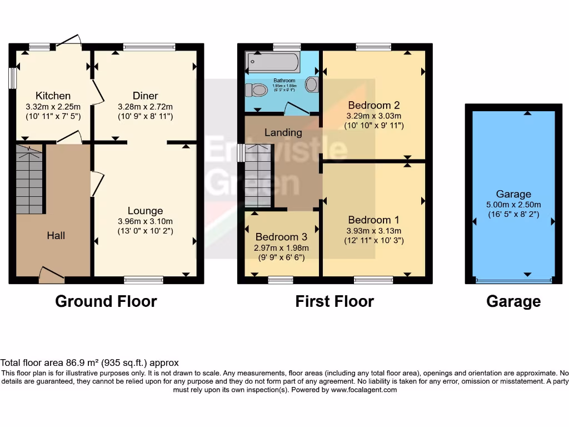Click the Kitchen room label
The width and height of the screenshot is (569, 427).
53,96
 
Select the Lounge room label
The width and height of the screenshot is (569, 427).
145,211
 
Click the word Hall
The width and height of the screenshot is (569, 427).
56,235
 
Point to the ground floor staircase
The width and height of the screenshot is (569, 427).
29,179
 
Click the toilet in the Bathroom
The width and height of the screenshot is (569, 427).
256,90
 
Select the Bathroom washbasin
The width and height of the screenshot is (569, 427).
312,85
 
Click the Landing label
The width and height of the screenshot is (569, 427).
283,132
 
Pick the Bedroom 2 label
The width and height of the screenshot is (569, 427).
373,105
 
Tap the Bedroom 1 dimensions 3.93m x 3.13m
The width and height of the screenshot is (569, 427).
373,231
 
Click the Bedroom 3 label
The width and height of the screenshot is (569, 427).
281,237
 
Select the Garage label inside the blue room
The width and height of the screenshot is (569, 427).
513,194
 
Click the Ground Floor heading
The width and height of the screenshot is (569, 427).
106,301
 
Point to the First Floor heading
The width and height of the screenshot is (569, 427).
335,301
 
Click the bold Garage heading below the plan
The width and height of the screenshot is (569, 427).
513,301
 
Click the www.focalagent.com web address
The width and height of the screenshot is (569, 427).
364,390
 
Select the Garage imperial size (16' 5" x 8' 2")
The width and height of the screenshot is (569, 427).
513,214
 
